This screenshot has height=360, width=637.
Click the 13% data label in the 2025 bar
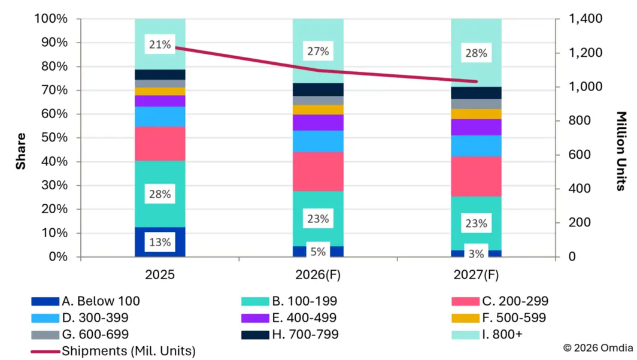(160, 242)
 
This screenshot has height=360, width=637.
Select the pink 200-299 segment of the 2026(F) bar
(318, 171)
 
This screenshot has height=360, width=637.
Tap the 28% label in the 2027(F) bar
(476, 53)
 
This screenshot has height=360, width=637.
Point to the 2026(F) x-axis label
(318, 275)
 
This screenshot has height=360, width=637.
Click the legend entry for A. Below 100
(86, 301)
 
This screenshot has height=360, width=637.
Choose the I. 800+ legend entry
(487, 334)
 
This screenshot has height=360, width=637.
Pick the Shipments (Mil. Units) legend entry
(113, 351)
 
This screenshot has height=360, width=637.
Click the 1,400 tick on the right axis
(586, 19)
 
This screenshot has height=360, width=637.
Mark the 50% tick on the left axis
(54, 137)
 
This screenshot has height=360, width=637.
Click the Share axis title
(21, 151)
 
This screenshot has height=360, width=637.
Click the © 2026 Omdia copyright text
(598, 348)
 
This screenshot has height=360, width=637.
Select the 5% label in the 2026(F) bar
(318, 252)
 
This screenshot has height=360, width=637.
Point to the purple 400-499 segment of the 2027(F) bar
(476, 127)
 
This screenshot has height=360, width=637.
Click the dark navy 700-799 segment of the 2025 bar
(160, 74)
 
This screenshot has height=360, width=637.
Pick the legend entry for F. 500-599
(499, 317)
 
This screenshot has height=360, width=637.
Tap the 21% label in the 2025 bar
(160, 44)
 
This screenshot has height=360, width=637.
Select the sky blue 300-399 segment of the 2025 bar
(160, 117)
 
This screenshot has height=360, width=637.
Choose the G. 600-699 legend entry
(80, 334)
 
